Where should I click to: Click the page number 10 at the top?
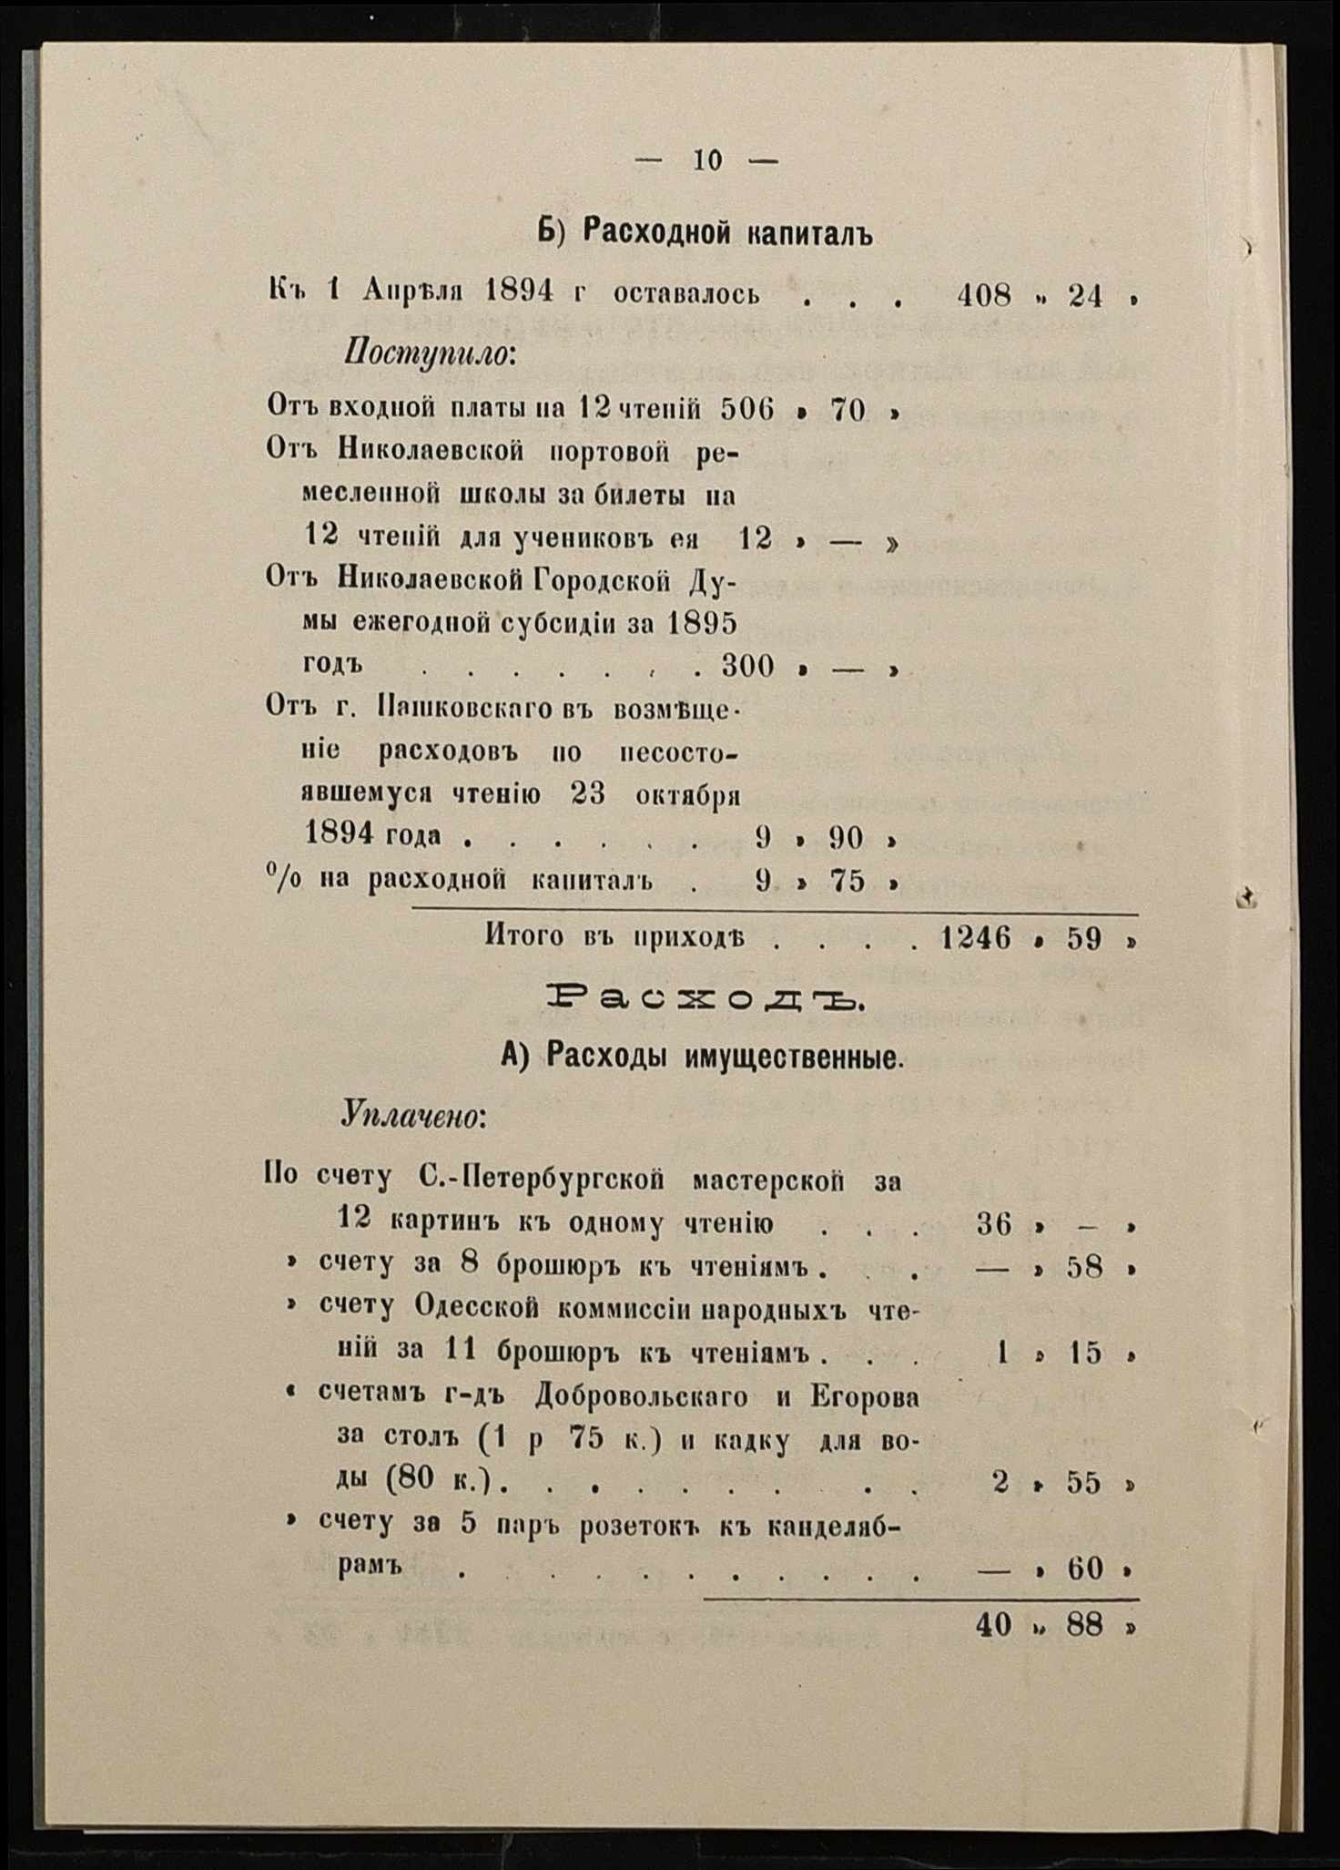pos(707,161)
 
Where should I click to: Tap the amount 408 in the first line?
pos(984,295)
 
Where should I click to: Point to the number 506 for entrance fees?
pos(746,410)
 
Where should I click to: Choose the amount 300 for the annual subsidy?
pos(747,667)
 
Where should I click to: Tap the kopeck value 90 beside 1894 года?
pos(846,837)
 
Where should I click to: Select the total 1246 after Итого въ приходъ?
pos(975,938)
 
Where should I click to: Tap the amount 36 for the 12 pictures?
pos(994,1223)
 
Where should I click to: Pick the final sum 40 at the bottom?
pos(993,1625)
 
